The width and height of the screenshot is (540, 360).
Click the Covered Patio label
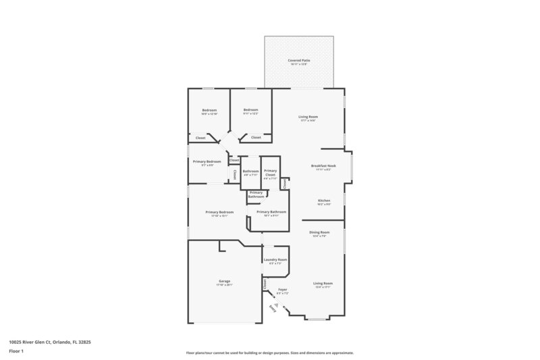[298, 61]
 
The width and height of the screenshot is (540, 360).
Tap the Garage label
[224, 281]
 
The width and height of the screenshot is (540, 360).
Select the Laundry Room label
[275, 260]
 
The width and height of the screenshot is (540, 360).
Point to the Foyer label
[283, 290]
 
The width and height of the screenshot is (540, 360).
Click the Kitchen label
[324, 201]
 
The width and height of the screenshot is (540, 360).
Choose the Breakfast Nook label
[323, 166]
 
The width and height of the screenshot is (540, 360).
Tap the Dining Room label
[319, 233]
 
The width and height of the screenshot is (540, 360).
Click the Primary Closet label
[270, 173]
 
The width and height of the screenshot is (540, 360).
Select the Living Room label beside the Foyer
[323, 284]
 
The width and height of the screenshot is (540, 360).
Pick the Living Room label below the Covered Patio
[308, 118]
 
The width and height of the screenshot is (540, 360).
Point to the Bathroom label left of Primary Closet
[250, 172]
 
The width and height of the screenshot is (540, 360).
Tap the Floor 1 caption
[17, 352]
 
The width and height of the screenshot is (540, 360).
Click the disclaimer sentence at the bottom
[269, 353]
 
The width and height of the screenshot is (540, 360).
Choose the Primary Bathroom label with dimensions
[271, 212]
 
